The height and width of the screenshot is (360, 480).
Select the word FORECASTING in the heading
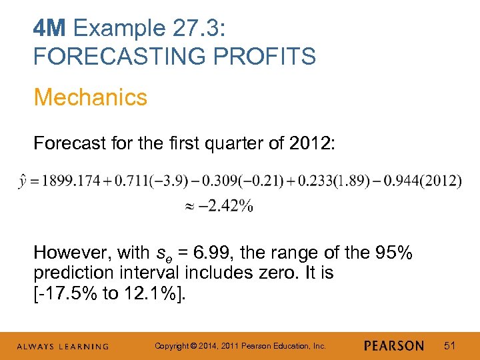111,57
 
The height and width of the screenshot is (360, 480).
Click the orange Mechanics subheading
90,97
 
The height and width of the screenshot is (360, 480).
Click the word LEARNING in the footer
84,347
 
